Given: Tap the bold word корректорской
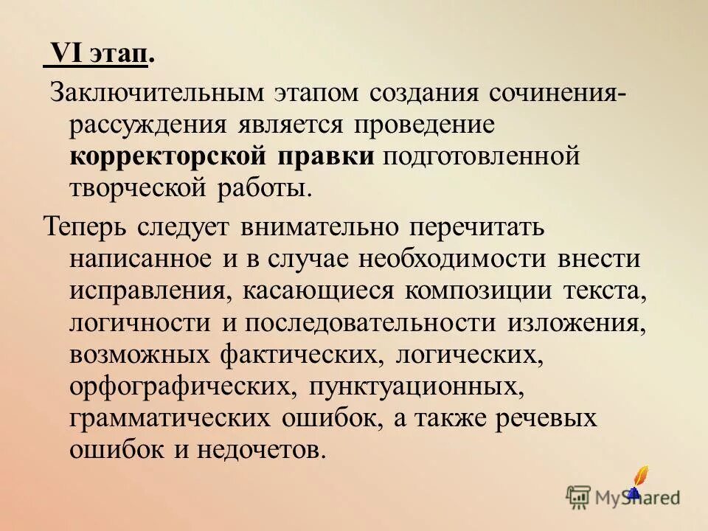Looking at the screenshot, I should tap(171, 156).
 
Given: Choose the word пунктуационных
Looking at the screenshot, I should tap(417, 386).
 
